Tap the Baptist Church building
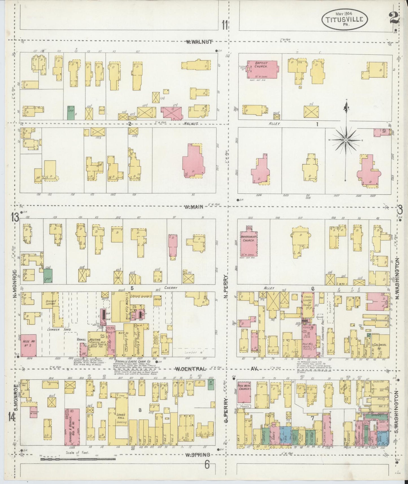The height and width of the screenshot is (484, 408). [x=263, y=69]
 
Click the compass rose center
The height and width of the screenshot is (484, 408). [x=346, y=140]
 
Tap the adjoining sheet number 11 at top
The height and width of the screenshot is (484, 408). [x=225, y=25]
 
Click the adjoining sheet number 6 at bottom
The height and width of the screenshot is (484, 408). [x=207, y=465]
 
